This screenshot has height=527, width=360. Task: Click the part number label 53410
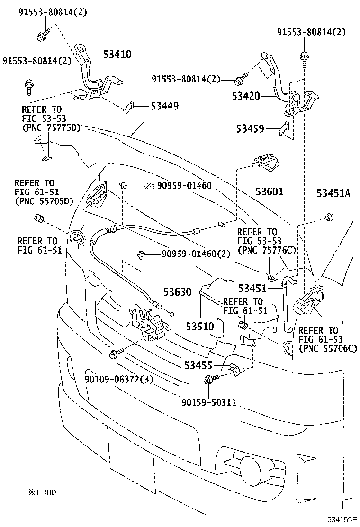tap(117, 54)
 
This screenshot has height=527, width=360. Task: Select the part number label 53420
tap(246, 96)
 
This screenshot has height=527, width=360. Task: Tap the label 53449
tap(165, 106)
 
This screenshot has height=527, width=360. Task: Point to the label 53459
tap(251, 128)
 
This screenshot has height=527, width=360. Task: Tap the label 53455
tap(198, 365)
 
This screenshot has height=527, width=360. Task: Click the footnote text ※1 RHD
tap(42, 492)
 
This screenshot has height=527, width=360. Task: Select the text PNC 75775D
tap(51, 127)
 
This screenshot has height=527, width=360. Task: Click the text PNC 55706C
tap(327, 348)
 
